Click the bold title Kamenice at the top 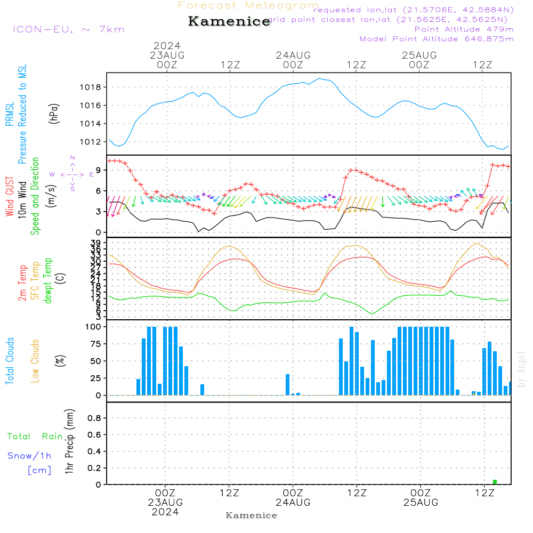tap(229, 22)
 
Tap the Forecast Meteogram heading tap(248, 5)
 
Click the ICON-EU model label tap(68, 29)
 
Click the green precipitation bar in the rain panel tap(495, 482)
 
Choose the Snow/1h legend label tap(30, 456)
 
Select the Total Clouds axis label tap(10, 361)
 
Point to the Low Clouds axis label tap(35, 361)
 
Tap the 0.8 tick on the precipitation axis tap(94, 418)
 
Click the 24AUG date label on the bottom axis tap(293, 503)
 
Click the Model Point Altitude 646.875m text tap(437, 39)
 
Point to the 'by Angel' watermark tap(521, 369)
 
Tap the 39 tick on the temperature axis tap(98, 243)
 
